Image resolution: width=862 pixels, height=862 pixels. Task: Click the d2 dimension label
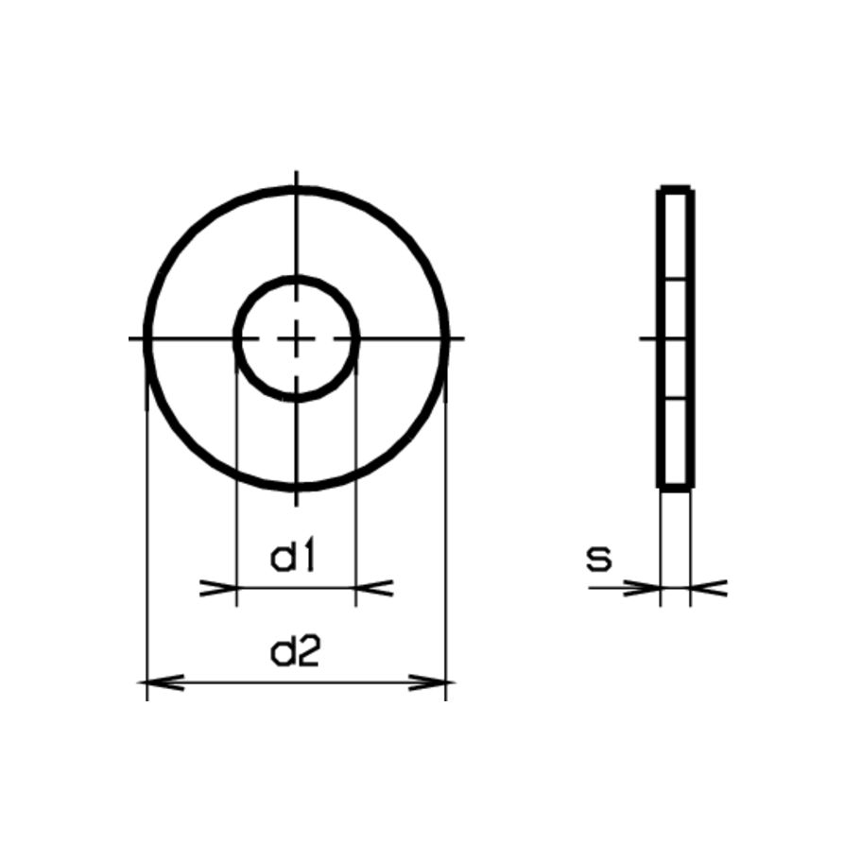tap(296, 652)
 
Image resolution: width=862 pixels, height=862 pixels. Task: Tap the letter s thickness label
tap(597, 560)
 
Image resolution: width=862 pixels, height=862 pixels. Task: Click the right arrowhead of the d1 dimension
tap(372, 588)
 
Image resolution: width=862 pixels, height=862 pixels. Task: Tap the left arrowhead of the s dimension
tap(645, 588)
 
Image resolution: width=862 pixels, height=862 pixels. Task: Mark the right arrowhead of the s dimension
tap(707, 588)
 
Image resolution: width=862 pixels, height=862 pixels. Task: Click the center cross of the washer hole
tap(296, 337)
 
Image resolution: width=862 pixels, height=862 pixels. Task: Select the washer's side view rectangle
tap(676, 338)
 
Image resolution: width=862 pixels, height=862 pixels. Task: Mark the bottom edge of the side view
tap(676, 487)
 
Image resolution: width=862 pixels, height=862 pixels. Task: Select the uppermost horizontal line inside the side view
tap(676, 278)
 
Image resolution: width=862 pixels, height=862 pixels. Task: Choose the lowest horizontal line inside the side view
tap(676, 400)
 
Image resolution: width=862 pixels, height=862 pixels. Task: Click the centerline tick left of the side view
tap(647, 337)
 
